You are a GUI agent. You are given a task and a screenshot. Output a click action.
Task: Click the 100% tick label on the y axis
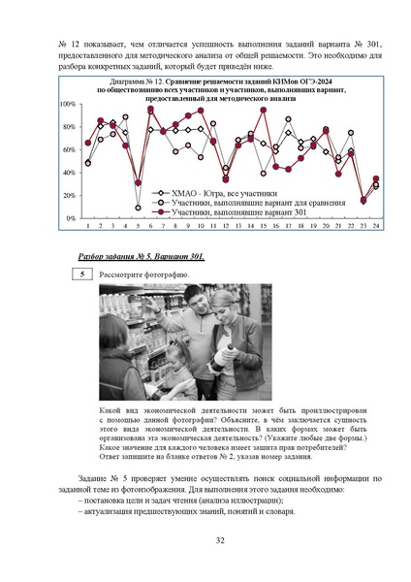tap(68, 104)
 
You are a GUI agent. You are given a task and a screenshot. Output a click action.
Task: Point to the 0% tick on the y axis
tap(72, 219)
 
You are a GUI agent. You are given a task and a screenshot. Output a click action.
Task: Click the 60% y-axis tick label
tap(70, 150)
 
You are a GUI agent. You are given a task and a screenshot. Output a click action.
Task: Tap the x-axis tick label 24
tap(375, 226)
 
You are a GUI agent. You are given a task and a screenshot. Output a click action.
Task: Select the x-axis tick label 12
tap(225, 226)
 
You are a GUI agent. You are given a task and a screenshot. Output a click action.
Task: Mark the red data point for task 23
tap(364, 201)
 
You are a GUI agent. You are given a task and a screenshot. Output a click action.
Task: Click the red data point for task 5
tap(138, 182)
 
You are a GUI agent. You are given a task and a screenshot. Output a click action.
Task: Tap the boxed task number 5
tap(84, 275)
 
